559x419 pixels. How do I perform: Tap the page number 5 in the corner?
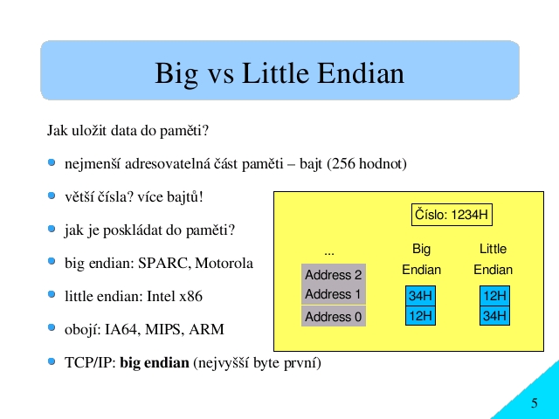[534, 403]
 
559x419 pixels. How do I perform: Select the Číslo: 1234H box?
[452, 215]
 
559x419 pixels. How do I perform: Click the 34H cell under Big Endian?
[420, 296]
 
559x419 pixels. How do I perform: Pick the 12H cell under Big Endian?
[420, 316]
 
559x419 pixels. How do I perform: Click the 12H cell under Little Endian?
[494, 296]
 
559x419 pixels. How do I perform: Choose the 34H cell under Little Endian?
[494, 316]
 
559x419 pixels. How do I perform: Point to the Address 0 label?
[334, 316]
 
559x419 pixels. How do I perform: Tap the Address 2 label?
[334, 275]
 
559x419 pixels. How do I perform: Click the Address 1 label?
[333, 294]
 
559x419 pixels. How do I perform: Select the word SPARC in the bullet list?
[164, 264]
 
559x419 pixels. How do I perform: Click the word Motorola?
[224, 264]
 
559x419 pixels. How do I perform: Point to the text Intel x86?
[175, 297]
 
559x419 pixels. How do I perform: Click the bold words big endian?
[155, 363]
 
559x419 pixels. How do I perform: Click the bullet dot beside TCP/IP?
[52, 361]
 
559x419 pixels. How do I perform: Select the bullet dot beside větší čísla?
[52, 196]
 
